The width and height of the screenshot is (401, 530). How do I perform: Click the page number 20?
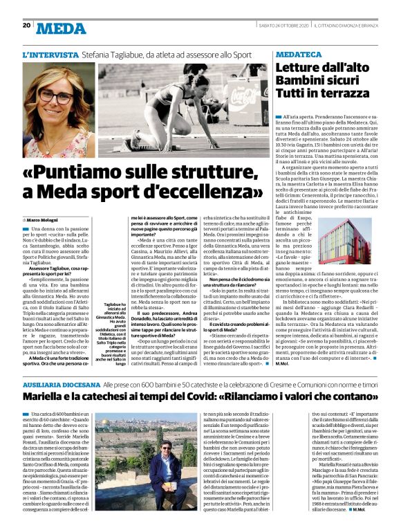pos(26,26)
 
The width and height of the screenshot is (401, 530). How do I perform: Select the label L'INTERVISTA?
pos(50,54)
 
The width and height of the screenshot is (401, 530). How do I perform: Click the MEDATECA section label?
pos(300,53)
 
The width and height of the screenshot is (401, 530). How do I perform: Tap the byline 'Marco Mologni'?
pos(46,219)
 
